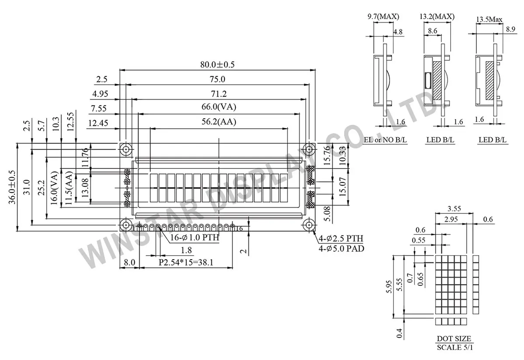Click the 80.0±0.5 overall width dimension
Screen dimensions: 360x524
coord(217,65)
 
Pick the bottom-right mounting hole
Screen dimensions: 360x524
coord(309,225)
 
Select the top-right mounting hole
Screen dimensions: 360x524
coord(309,149)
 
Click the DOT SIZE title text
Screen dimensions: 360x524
coord(454,339)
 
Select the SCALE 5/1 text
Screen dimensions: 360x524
coord(454,347)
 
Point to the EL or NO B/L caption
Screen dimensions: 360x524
coord(386,140)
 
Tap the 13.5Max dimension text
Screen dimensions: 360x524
coord(489,20)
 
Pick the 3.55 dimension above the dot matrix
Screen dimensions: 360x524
coord(454,209)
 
